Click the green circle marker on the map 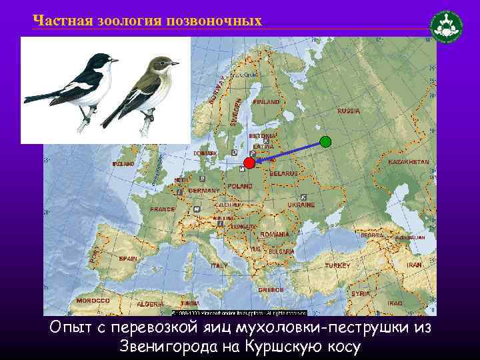(x=325, y=141)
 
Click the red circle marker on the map (x=249, y=163)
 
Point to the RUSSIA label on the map (x=349, y=111)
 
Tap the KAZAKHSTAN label (x=409, y=162)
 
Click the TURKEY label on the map (x=337, y=265)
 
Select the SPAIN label (x=128, y=259)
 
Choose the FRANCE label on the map (x=163, y=209)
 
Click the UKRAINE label (x=301, y=205)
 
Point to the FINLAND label (x=267, y=102)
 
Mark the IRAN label (x=415, y=265)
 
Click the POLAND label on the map (x=240, y=186)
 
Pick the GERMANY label (x=204, y=191)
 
